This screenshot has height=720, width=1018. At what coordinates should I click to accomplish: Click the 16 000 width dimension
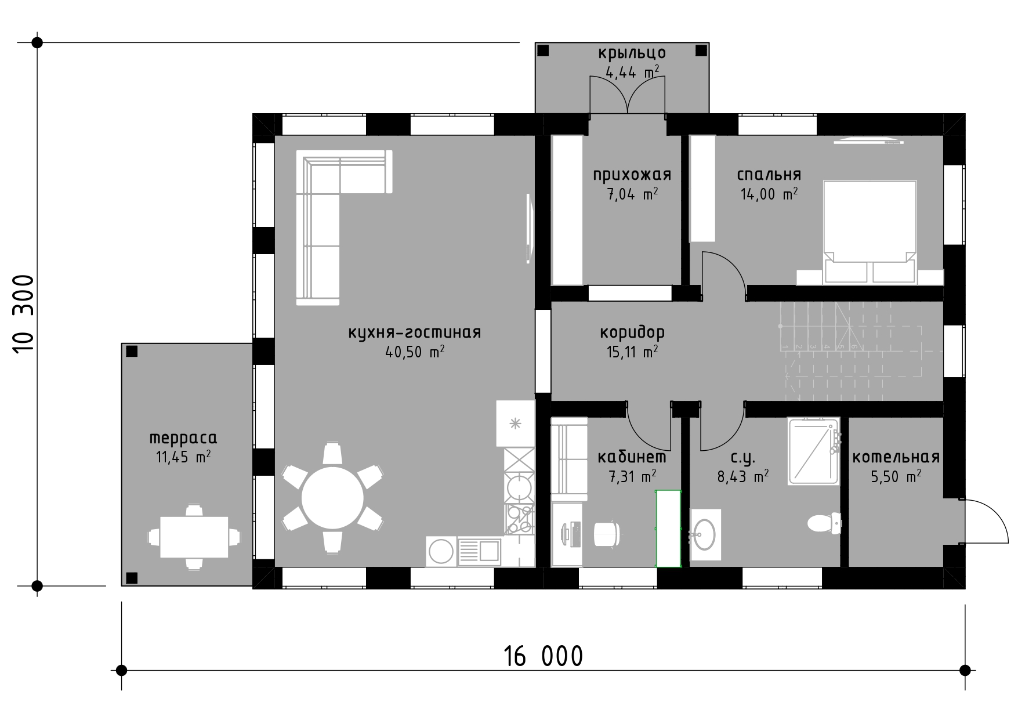click(543, 656)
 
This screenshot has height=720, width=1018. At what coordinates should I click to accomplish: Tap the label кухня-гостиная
click(414, 333)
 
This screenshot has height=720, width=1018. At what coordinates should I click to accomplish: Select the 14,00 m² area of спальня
click(769, 194)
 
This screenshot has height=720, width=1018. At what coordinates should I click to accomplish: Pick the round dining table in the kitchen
click(332, 498)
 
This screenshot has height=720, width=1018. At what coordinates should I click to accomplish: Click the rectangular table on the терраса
click(194, 537)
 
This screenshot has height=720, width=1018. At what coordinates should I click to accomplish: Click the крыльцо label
click(632, 53)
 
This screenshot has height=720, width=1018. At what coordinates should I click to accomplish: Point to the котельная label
click(896, 457)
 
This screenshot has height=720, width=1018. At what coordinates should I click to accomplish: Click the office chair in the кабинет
click(608, 533)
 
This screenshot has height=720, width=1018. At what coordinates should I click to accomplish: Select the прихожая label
click(632, 175)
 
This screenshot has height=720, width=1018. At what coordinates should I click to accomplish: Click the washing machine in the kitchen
click(441, 551)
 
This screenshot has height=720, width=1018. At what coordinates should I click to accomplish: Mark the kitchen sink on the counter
click(479, 551)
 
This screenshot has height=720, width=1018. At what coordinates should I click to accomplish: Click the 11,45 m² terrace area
click(183, 457)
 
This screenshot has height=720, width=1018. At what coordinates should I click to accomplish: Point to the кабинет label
click(632, 457)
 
